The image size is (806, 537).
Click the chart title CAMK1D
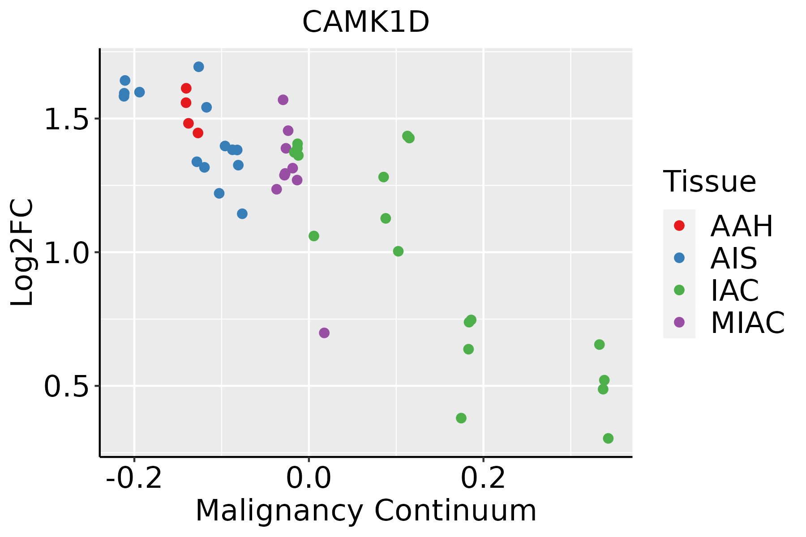click(x=366, y=22)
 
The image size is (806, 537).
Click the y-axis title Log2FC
click(x=22, y=253)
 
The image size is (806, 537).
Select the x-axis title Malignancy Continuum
click(x=366, y=511)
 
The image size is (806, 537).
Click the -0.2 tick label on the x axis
click(x=133, y=478)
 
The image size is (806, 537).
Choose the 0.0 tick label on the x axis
click(x=309, y=478)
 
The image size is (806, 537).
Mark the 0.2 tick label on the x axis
click(x=483, y=478)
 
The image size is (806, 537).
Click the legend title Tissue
click(x=710, y=182)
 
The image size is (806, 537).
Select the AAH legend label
click(x=742, y=226)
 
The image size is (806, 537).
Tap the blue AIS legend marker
click(x=679, y=258)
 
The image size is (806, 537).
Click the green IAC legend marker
click(x=679, y=290)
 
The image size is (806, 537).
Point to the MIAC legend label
click(x=747, y=323)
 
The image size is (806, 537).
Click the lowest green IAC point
click(x=608, y=438)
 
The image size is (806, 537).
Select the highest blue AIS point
click(x=199, y=67)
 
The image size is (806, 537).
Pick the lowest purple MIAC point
click(x=324, y=333)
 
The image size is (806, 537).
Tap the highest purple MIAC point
click(x=283, y=100)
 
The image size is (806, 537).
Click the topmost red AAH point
click(x=186, y=89)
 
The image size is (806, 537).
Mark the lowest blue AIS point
click(x=242, y=214)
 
